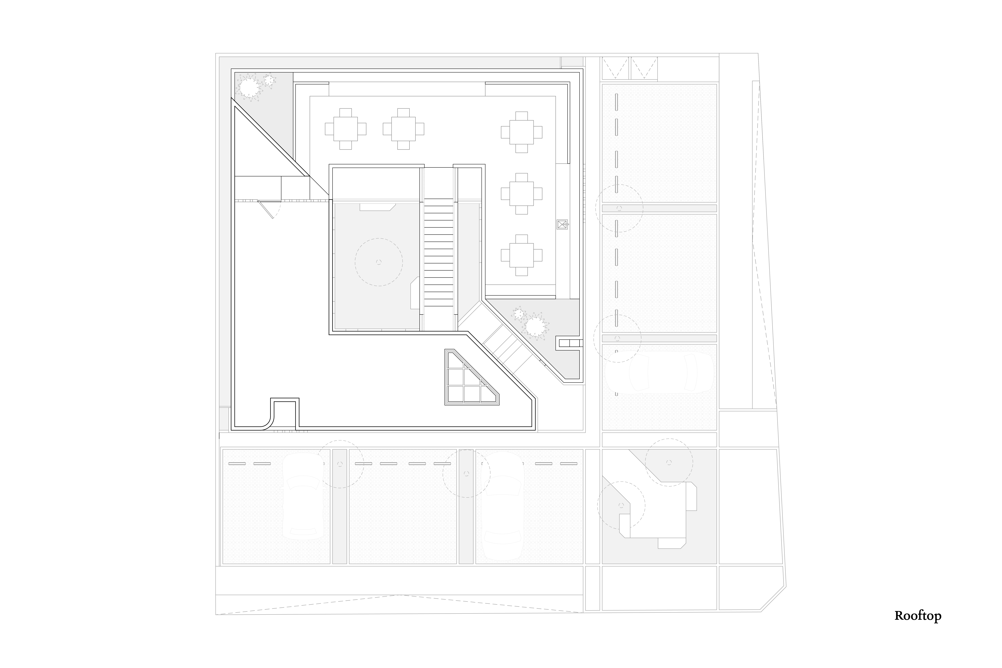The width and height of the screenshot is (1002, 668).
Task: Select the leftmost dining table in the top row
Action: pos(346,129)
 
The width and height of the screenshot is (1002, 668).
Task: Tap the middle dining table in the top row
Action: pos(403,129)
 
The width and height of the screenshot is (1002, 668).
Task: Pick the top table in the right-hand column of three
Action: pos(521,132)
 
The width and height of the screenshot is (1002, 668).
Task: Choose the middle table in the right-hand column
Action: pos(521,193)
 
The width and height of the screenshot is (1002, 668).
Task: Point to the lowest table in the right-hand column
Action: pos(521,255)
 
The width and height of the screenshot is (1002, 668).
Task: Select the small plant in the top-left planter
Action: pos(269,80)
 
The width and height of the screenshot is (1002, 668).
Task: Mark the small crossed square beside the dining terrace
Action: pos(562,224)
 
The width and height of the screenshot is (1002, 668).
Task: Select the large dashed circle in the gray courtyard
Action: pos(379,262)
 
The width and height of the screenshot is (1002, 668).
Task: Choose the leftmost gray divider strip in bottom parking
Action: pos(340,507)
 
